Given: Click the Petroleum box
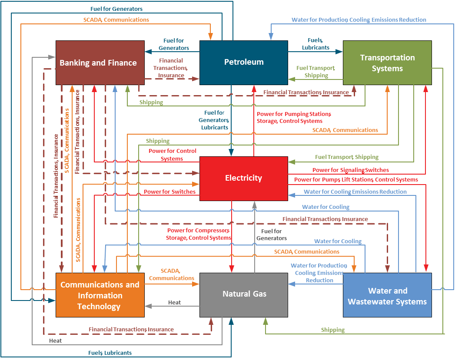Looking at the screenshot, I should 243,62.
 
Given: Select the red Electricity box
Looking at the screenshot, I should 243,178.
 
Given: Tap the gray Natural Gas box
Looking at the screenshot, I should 243,294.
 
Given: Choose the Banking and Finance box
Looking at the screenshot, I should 100,63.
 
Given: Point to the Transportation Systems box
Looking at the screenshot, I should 387,63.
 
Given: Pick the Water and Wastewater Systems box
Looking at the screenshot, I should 387,296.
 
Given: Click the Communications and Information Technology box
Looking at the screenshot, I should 100,295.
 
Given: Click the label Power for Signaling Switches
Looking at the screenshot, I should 350,170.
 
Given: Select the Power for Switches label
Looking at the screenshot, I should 169,192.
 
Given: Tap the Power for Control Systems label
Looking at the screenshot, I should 172,155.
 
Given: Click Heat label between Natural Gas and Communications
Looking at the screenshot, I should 174,302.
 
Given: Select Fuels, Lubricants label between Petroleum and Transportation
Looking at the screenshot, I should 315,43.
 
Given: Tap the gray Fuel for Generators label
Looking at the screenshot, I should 271,234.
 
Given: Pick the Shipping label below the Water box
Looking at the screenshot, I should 332,330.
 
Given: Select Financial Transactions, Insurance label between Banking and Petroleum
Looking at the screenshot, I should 170,68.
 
